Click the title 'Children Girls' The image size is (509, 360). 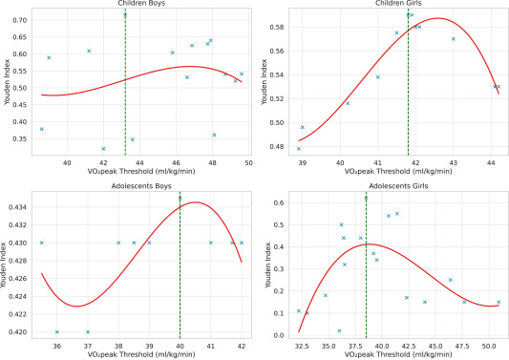[x=399, y=4]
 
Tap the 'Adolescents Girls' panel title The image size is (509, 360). [x=399, y=184]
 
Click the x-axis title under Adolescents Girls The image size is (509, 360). [x=399, y=356]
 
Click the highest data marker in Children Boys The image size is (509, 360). [x=125, y=14]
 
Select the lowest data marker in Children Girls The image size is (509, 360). [x=299, y=148]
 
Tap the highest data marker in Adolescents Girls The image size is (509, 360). [x=366, y=198]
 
